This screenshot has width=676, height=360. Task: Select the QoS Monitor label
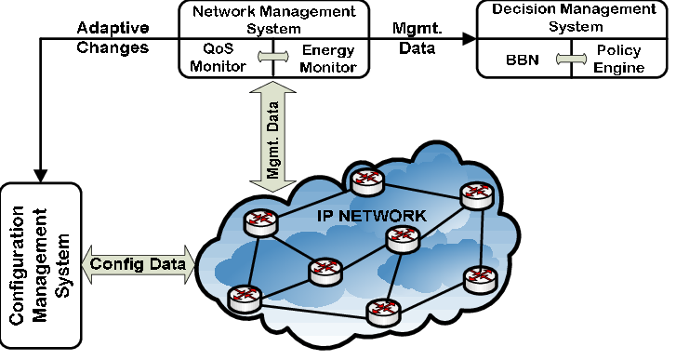pos(224,58)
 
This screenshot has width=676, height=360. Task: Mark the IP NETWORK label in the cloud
pos(370,215)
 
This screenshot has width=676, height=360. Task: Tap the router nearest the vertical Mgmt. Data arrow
pos(256,222)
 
